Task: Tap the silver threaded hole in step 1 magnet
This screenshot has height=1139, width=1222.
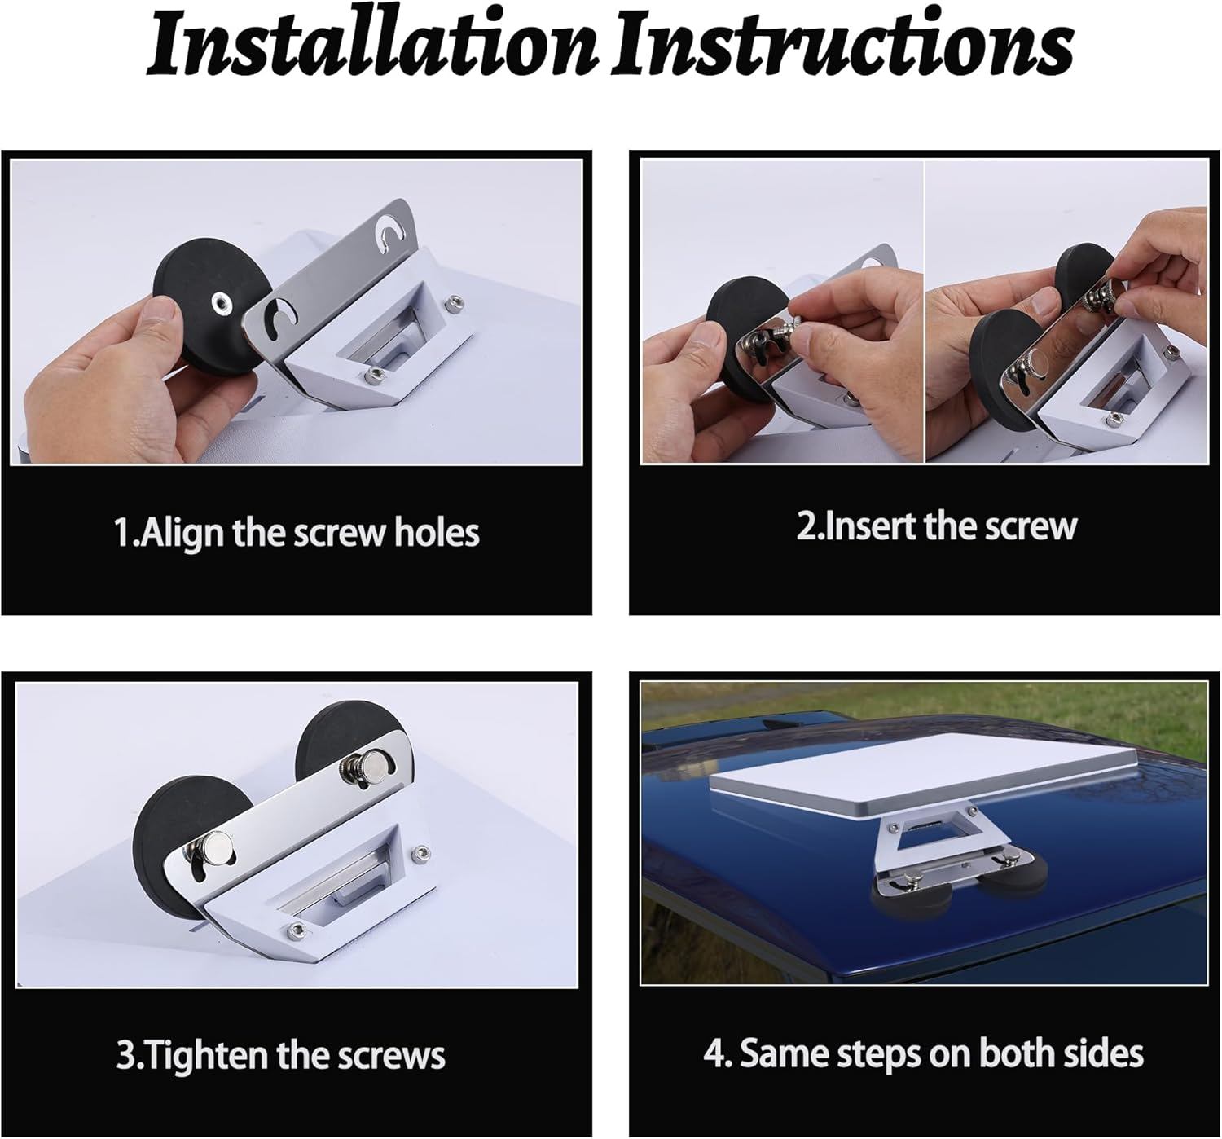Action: pyautogui.click(x=220, y=302)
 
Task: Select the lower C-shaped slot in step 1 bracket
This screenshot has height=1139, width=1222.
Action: pyautogui.click(x=284, y=314)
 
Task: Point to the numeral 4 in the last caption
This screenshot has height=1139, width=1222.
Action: pyautogui.click(x=714, y=1053)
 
